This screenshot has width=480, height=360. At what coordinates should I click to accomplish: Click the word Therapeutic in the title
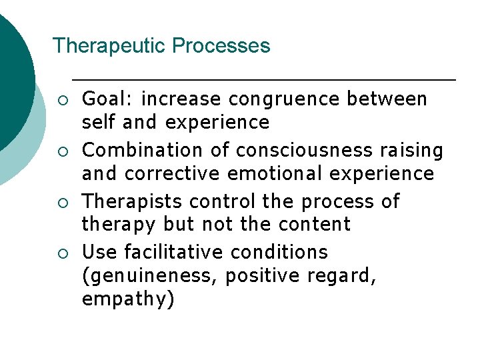109,46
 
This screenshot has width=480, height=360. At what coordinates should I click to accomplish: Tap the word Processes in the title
221,46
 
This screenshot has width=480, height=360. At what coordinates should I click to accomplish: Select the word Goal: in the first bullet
108,99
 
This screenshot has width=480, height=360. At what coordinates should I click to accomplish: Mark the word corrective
173,174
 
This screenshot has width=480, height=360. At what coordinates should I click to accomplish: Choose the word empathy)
128,299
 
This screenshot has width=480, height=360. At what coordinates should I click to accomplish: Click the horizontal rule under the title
263,80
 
